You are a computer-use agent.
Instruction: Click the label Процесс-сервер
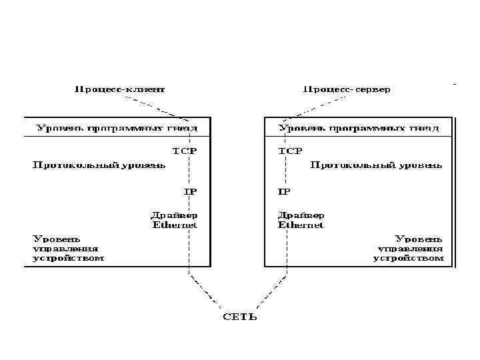click(x=347, y=89)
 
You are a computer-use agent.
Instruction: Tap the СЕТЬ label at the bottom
click(x=239, y=316)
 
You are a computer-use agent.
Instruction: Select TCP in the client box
click(x=185, y=151)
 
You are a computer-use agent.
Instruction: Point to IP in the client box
click(x=191, y=191)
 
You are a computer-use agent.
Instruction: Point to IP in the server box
click(x=284, y=191)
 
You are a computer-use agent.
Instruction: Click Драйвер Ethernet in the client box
click(x=175, y=220)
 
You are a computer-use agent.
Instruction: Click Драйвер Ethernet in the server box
click(x=301, y=220)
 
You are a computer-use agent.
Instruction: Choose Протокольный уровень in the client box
click(x=99, y=165)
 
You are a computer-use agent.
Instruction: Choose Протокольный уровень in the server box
click(x=376, y=165)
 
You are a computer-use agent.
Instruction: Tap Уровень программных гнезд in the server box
click(x=359, y=127)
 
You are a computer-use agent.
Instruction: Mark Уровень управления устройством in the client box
click(x=69, y=247)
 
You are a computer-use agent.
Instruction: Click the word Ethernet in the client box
click(x=175, y=225)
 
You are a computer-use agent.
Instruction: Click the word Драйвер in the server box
click(x=301, y=215)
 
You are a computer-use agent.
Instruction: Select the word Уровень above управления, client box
click(x=57, y=237)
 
